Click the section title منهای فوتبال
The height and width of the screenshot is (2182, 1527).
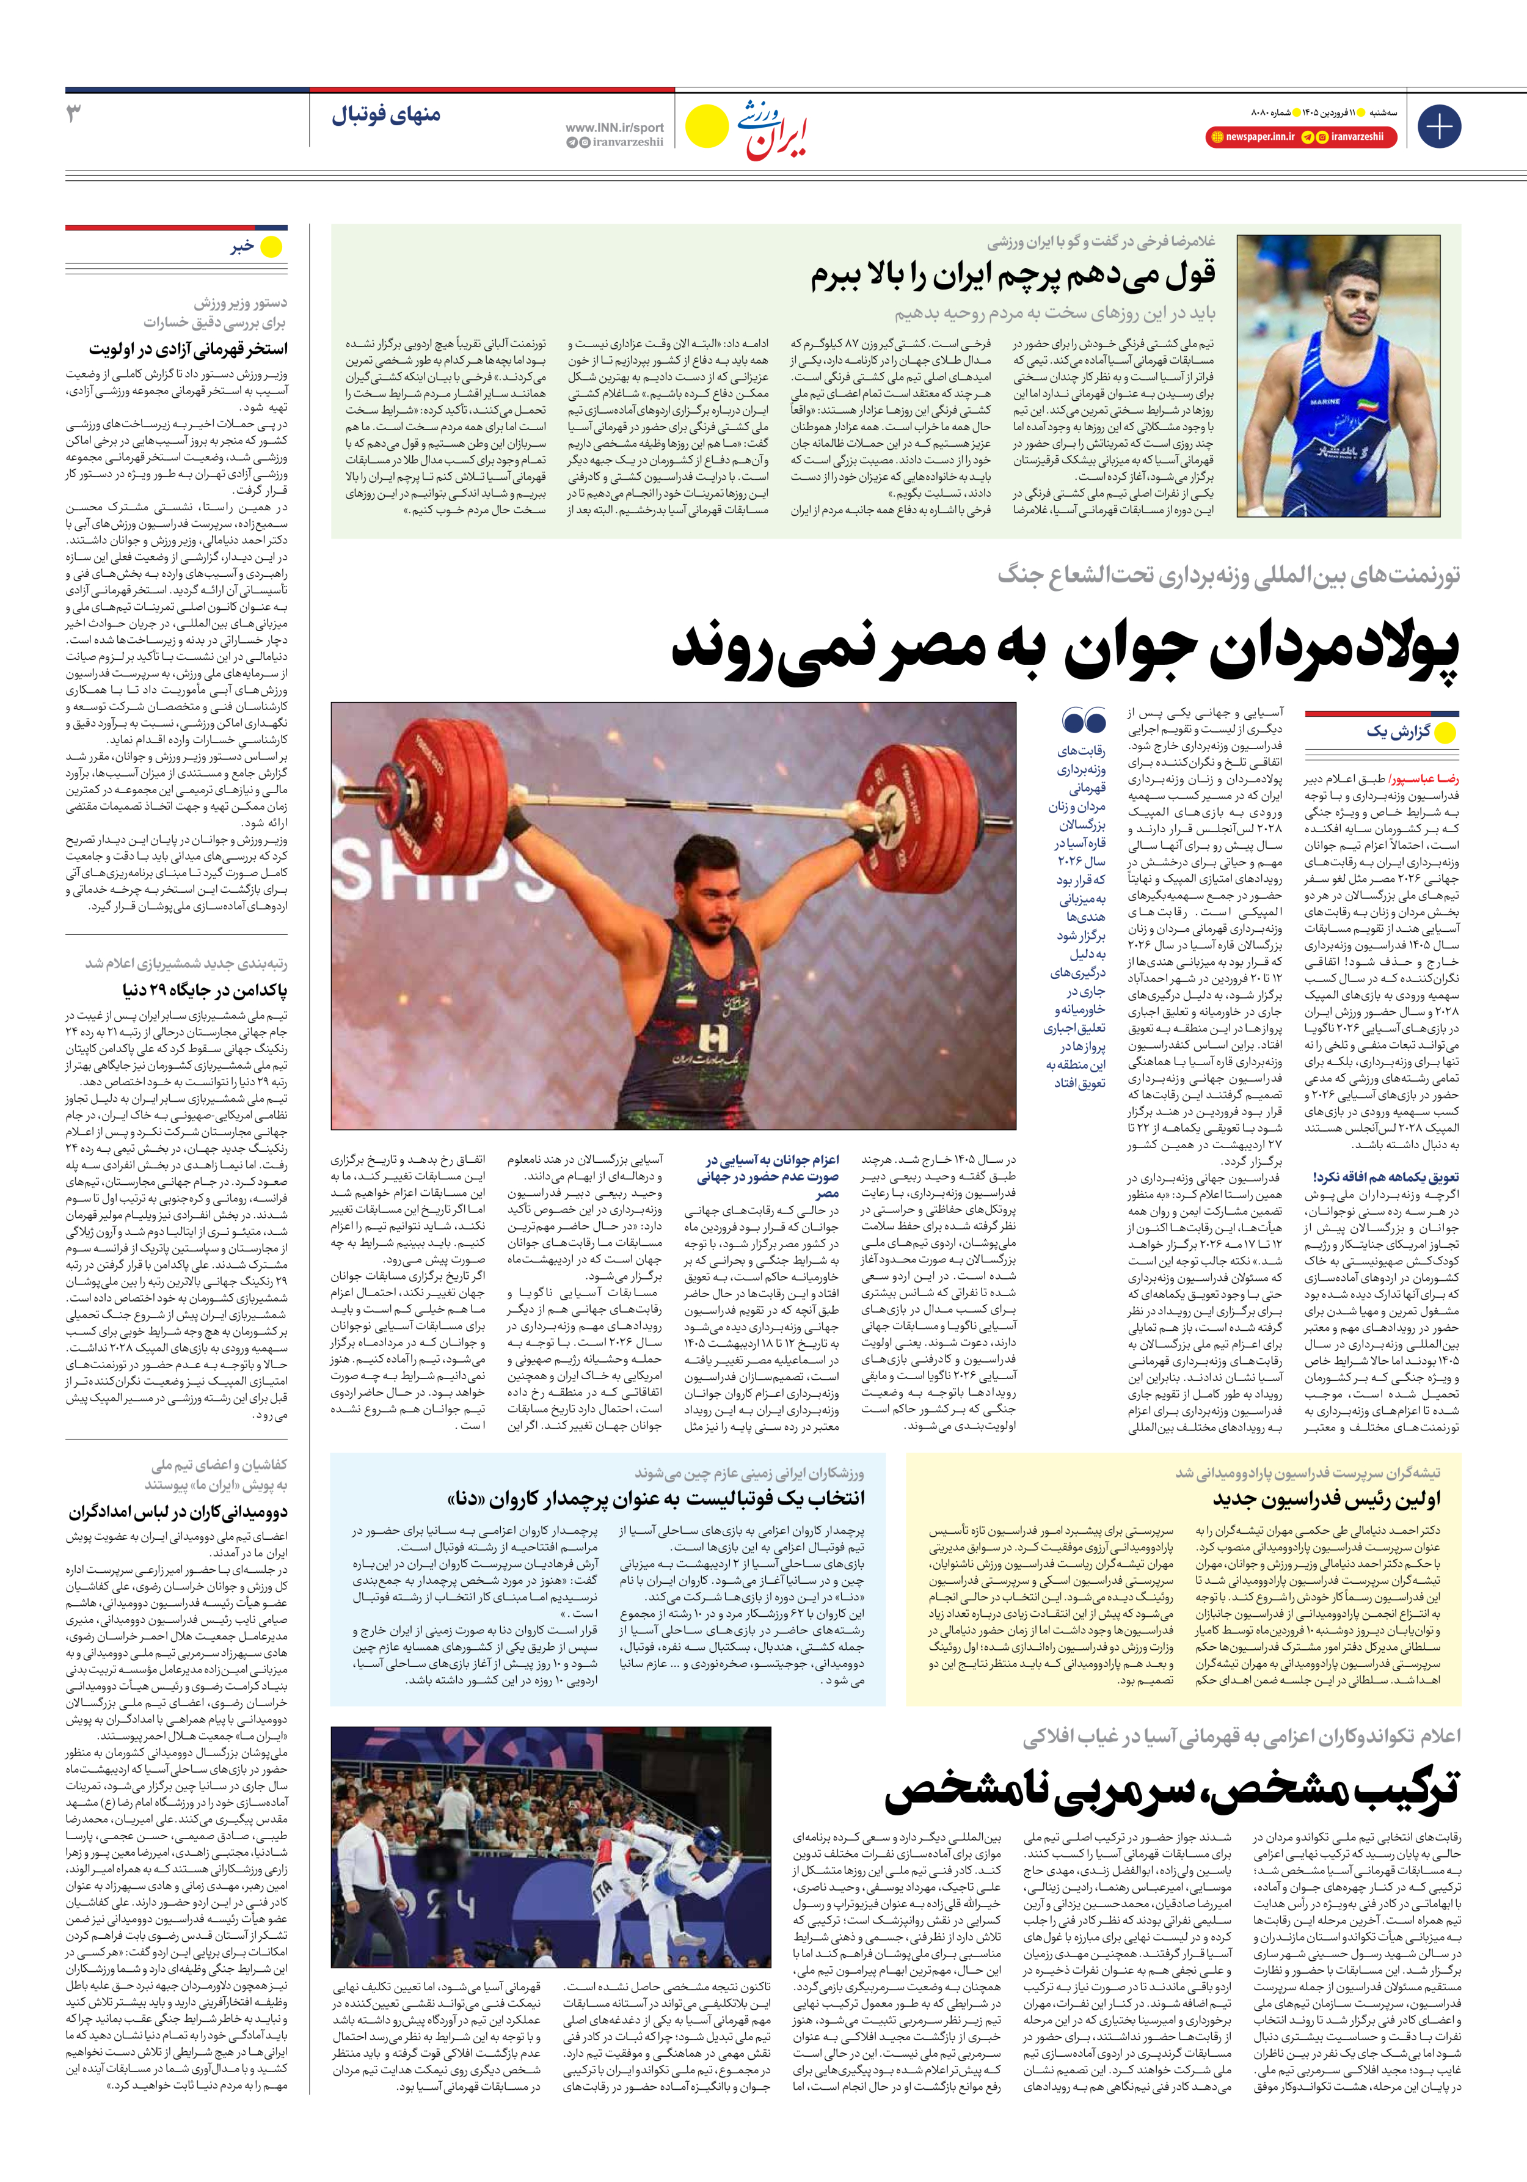386,116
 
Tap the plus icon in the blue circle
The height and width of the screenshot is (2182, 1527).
1438,126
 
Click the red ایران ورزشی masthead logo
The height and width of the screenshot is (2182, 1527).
771,130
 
